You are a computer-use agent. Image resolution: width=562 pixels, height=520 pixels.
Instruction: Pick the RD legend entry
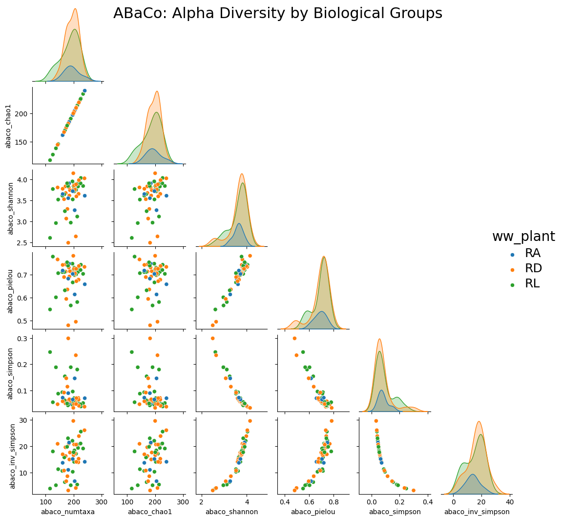pyautogui.click(x=526, y=268)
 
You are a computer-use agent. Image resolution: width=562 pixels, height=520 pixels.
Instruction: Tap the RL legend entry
pyautogui.click(x=525, y=283)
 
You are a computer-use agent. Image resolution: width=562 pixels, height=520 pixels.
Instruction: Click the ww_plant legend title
pyautogui.click(x=523, y=237)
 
